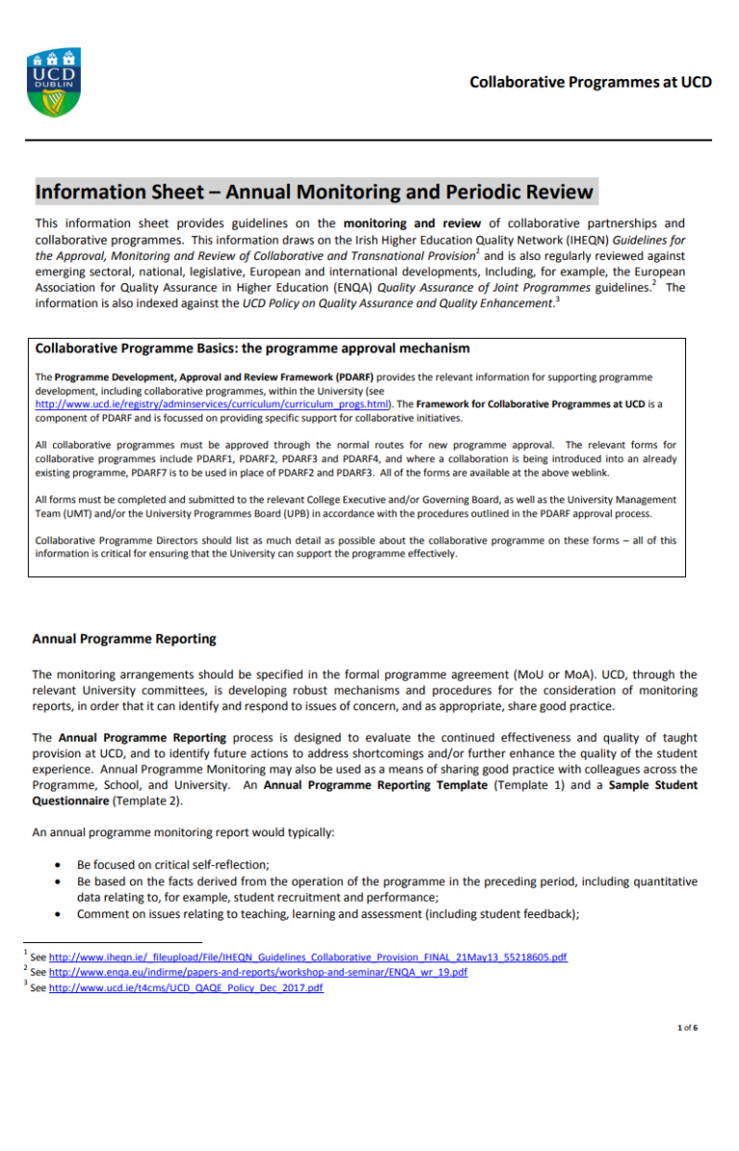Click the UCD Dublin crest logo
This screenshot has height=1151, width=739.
pos(53,86)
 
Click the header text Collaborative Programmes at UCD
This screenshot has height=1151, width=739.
pos(590,82)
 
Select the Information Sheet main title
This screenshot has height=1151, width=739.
pos(315,192)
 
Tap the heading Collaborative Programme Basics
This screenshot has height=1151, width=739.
pos(252,347)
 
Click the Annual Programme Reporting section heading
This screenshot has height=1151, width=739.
pos(124,638)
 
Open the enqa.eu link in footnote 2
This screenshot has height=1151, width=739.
pos(258,973)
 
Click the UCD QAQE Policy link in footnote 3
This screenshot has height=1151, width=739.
pos(186,987)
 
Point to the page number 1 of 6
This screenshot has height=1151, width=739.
pos(687,1028)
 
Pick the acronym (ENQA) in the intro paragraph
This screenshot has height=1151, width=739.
pos(350,287)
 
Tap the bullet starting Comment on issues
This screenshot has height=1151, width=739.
pos(327,913)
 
